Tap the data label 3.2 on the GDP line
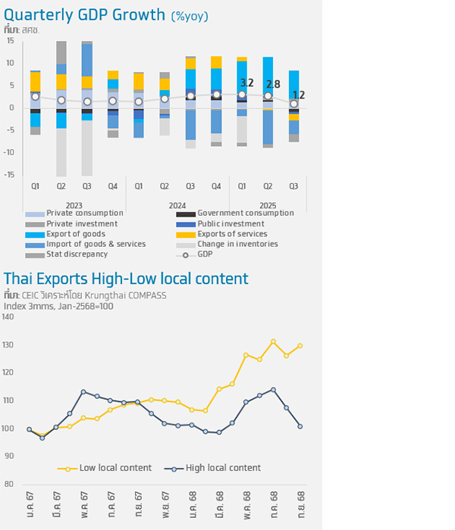[x=246, y=83]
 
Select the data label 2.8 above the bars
[x=272, y=85]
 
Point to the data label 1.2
[x=299, y=95]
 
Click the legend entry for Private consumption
[x=75, y=214]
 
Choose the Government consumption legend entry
[x=245, y=214]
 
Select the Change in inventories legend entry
[x=237, y=245]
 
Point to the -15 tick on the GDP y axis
[x=10, y=175]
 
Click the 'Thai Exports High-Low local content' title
[x=126, y=278]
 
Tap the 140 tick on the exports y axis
[x=8, y=316]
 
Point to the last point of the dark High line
[x=300, y=426]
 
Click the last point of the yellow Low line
[x=300, y=346]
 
